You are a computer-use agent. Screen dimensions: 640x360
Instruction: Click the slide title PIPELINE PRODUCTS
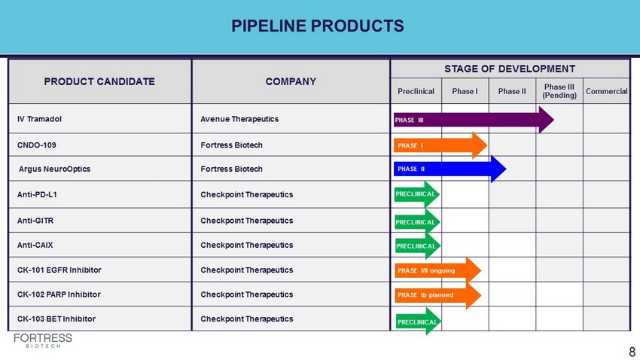click(x=318, y=26)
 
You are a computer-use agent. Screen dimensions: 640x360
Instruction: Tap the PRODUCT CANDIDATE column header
click(x=99, y=81)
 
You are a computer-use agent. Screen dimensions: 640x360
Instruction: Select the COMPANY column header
click(x=291, y=81)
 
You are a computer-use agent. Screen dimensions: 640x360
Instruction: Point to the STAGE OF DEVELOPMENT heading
click(x=510, y=69)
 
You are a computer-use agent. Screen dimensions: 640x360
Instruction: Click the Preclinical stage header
click(x=416, y=91)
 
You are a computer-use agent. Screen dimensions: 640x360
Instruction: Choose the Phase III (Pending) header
click(x=559, y=91)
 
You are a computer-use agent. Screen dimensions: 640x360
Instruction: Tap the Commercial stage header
click(x=607, y=91)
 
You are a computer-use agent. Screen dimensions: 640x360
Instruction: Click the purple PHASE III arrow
click(x=474, y=120)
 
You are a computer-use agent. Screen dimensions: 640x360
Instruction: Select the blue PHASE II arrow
click(x=450, y=169)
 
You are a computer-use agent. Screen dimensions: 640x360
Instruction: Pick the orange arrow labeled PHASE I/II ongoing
click(x=438, y=270)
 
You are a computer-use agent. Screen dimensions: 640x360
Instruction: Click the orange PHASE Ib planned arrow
click(x=438, y=295)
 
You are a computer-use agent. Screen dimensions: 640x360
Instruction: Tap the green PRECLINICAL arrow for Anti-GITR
click(x=417, y=222)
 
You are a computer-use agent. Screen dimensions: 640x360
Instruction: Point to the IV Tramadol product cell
click(x=39, y=119)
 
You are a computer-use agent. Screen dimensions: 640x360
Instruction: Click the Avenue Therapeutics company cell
click(x=239, y=119)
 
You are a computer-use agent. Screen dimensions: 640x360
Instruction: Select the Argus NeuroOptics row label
click(x=54, y=169)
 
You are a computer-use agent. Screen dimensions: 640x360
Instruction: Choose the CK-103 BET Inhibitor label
click(x=56, y=319)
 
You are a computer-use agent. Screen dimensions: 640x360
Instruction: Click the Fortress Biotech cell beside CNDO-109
click(x=231, y=145)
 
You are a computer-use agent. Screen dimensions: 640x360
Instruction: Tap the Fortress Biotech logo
click(x=43, y=340)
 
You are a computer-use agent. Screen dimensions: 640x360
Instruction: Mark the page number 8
click(x=632, y=352)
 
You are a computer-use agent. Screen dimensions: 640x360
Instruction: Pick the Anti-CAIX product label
click(x=35, y=245)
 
